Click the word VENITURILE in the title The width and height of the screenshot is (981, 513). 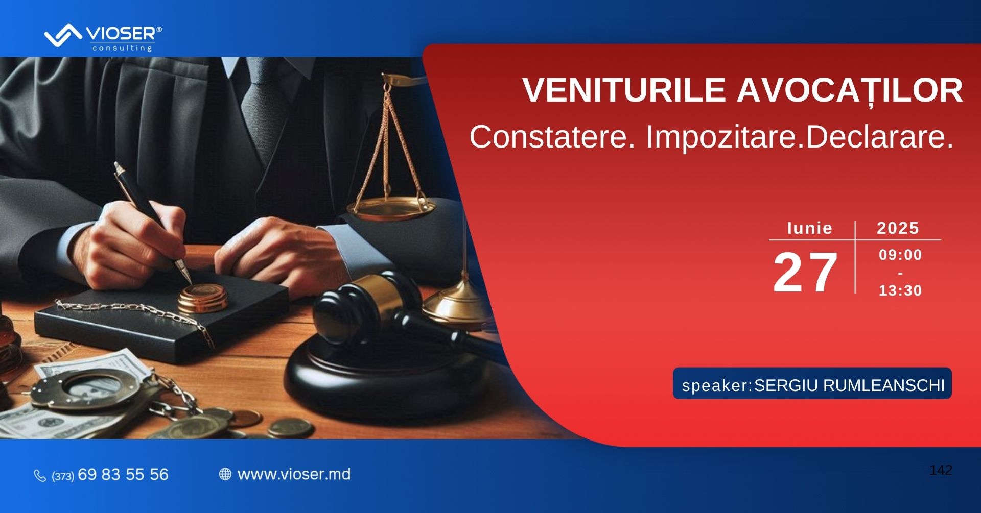point(624,90)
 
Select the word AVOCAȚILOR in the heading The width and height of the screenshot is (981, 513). point(850,91)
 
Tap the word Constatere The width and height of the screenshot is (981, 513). point(552,137)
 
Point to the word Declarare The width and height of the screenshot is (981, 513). point(879,137)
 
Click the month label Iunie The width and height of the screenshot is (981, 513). point(810,228)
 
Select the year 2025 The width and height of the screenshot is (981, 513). point(898,228)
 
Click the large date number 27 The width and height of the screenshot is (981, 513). point(805,273)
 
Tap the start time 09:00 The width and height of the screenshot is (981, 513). point(900,255)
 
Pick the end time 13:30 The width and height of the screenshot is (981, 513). point(900,290)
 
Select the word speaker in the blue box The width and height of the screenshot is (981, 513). point(715,386)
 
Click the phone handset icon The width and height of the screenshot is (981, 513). point(40,476)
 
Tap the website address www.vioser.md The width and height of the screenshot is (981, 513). point(294,474)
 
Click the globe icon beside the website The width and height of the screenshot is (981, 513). point(225,474)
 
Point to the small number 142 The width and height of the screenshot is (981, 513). point(941,470)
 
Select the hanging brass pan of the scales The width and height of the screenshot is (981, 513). point(391,208)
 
